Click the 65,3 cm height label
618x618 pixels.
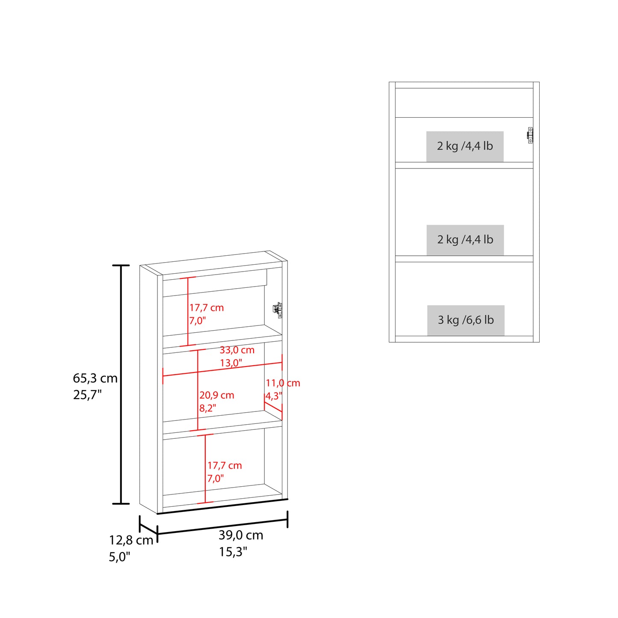95,378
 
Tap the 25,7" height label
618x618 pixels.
87,395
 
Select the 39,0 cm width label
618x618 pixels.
241,535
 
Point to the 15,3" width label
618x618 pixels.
233,552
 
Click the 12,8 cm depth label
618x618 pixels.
131,541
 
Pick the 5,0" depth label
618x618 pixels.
120,557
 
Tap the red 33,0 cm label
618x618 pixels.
237,350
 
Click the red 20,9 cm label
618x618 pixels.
217,395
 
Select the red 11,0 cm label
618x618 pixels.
283,383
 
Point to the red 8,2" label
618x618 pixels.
208,408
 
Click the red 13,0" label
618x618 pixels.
231,363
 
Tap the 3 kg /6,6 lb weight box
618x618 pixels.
466,320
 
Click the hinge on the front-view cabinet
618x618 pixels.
530,135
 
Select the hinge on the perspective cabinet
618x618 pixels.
278,310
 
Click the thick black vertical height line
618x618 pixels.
121,384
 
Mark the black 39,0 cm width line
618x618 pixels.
222,528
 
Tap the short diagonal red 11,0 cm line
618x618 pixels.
273,407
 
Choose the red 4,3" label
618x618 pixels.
274,396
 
